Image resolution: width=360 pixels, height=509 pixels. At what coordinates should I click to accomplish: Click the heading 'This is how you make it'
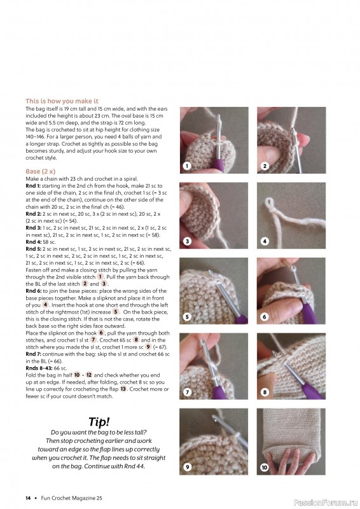pyautogui.click(x=62, y=101)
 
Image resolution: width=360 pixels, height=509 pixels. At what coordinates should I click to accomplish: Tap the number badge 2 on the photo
pyautogui.click(x=265, y=166)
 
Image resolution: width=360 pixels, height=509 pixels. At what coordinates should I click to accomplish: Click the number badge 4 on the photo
pyautogui.click(x=265, y=241)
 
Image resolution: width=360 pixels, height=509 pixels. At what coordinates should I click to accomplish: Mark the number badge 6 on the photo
pyautogui.click(x=265, y=316)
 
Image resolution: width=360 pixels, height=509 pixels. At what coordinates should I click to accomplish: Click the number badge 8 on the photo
pyautogui.click(x=265, y=392)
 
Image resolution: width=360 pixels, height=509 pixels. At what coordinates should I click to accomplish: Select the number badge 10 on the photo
pyautogui.click(x=265, y=467)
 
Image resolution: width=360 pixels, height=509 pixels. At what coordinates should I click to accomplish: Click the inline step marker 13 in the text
pyautogui.click(x=123, y=389)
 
